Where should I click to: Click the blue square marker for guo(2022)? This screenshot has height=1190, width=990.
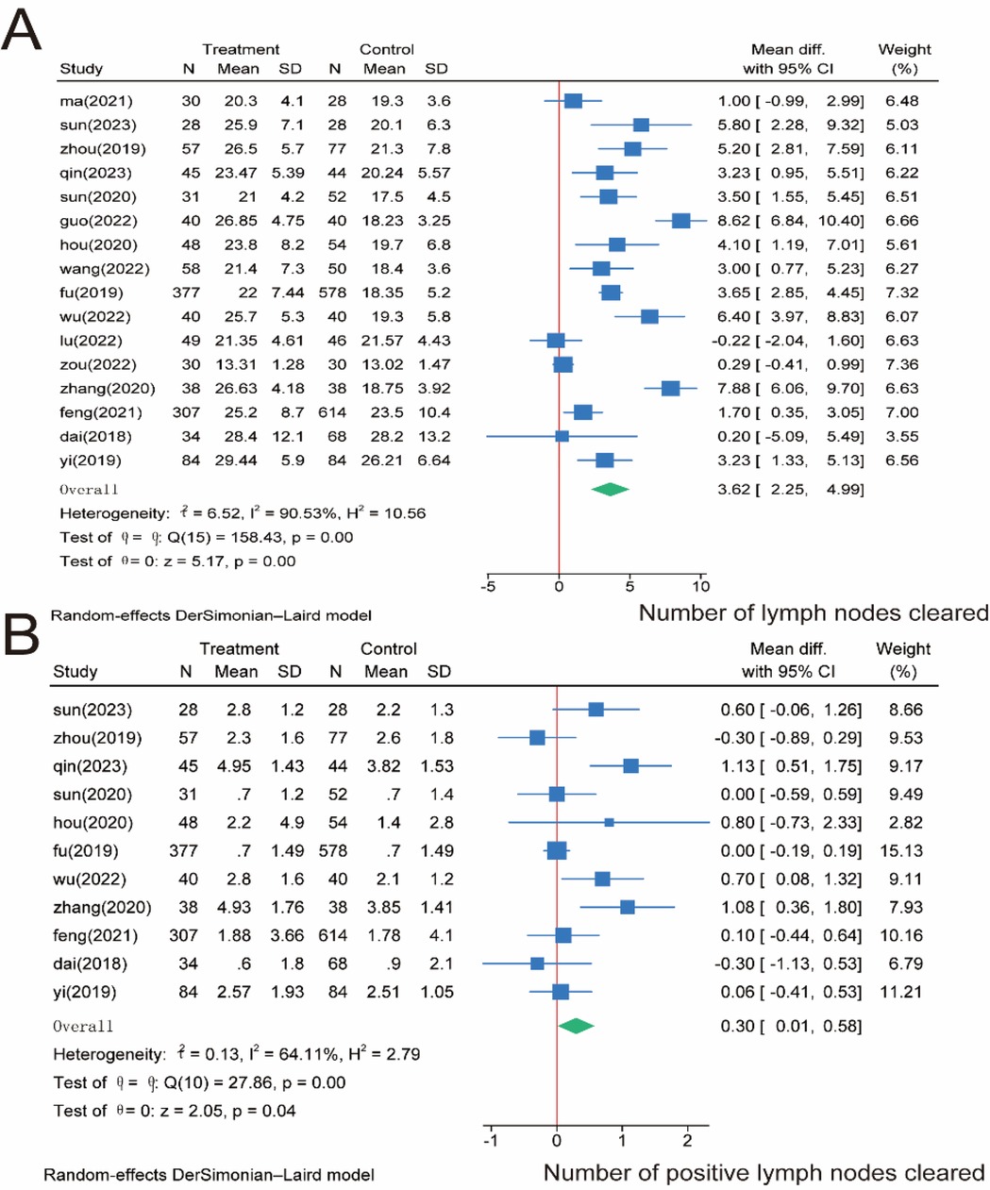(680, 221)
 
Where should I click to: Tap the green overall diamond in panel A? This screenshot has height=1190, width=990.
(610, 489)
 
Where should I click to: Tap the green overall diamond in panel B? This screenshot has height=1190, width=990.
(576, 1026)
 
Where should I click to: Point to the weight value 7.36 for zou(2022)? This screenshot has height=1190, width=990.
(902, 364)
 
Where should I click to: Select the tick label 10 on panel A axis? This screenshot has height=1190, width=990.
(700, 586)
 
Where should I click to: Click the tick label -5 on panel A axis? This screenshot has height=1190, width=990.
(487, 586)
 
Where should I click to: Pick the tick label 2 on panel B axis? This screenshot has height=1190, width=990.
(687, 1140)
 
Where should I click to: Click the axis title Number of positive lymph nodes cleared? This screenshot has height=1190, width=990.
(763, 1173)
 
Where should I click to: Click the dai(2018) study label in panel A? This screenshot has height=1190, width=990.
(96, 436)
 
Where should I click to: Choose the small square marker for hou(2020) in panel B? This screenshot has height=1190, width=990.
(609, 822)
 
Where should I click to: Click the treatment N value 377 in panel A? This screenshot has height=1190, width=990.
(186, 293)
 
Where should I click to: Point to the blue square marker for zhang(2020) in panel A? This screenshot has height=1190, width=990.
(670, 388)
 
